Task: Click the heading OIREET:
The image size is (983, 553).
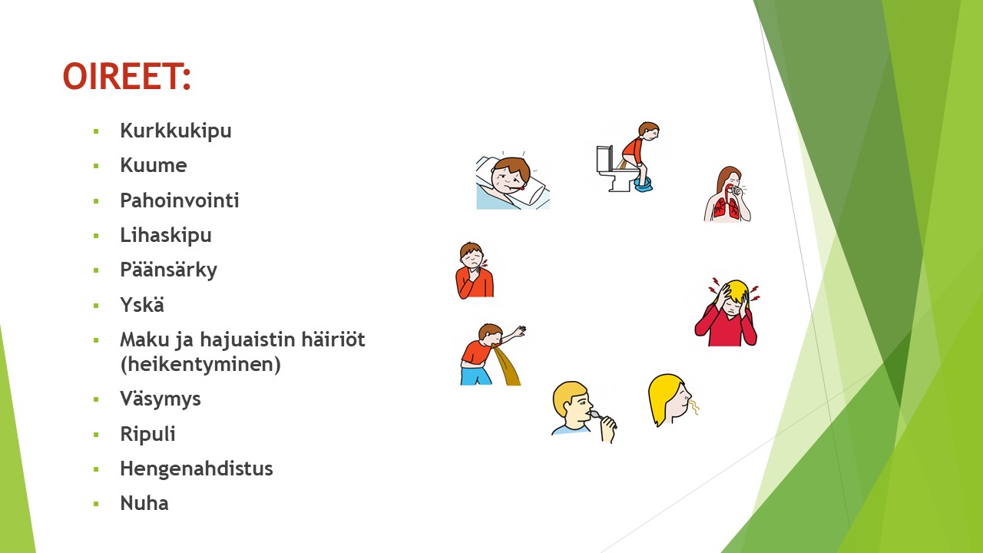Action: click(x=127, y=76)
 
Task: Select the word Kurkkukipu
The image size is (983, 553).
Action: click(x=176, y=131)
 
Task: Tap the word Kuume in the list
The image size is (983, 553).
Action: click(x=154, y=165)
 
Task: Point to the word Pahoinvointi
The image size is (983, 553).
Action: click(x=180, y=200)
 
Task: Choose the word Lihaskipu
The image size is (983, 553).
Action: click(x=166, y=235)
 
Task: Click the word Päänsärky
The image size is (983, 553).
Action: click(x=168, y=270)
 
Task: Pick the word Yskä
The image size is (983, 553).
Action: click(x=142, y=305)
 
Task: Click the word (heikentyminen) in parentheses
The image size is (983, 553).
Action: click(x=200, y=364)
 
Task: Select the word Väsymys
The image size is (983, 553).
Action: click(x=161, y=399)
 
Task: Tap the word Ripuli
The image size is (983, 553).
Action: click(x=148, y=434)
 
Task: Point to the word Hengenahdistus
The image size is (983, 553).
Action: click(x=197, y=469)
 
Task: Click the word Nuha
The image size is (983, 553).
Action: click(x=144, y=503)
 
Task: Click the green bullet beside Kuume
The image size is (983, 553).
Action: click(x=96, y=166)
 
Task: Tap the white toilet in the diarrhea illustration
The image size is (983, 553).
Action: click(x=614, y=170)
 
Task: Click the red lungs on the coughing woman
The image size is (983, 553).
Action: click(x=726, y=207)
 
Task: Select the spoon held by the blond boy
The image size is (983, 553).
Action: click(x=595, y=414)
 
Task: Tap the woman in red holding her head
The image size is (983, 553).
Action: click(x=726, y=312)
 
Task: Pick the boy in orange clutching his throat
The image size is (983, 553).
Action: click(x=474, y=271)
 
